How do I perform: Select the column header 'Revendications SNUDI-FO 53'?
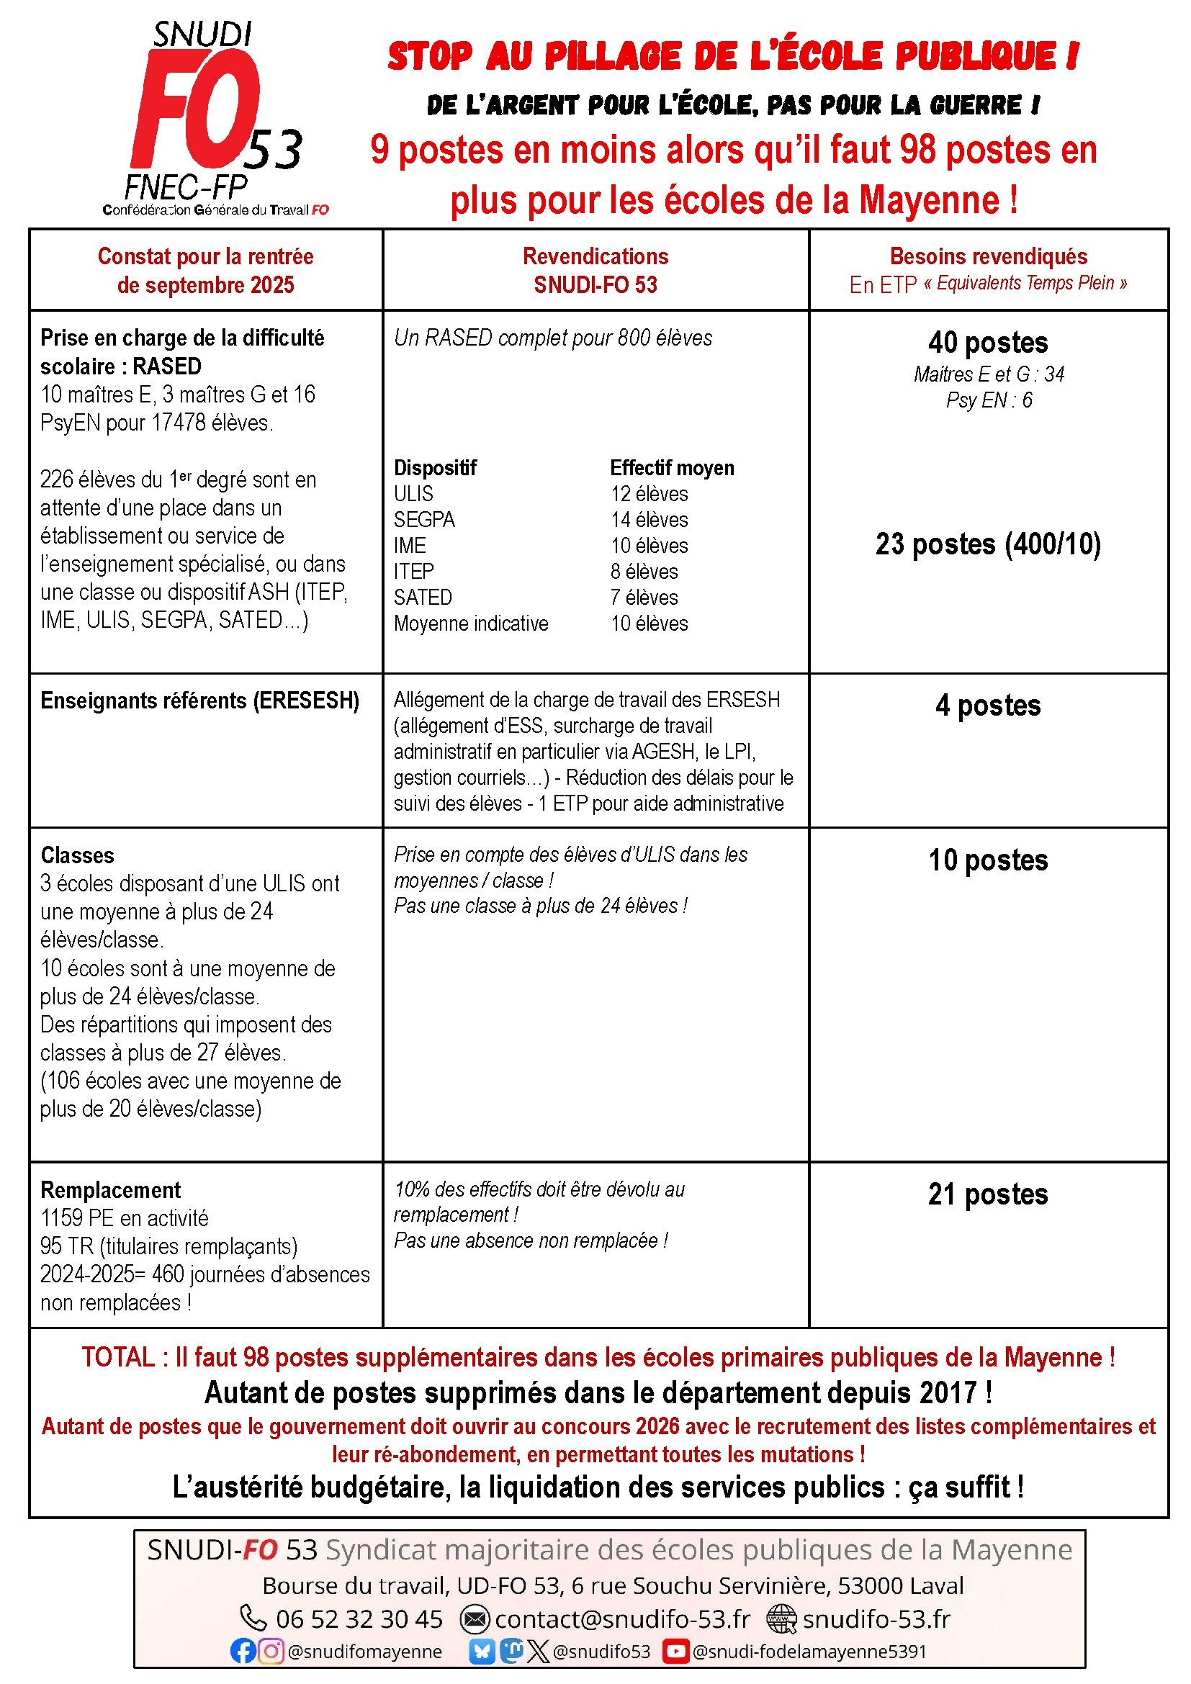pos(595,270)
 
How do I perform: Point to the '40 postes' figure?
pos(987,343)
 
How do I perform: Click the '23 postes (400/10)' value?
pos(987,544)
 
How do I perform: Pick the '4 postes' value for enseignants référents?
pos(987,706)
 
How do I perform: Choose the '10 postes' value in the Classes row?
pos(987,860)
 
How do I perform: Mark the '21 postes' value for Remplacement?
pos(987,1194)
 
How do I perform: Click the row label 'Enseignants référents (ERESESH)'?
pos(199,701)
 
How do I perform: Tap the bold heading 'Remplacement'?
pos(110,1189)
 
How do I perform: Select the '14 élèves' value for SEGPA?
pos(649,519)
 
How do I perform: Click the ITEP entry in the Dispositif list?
pos(413,571)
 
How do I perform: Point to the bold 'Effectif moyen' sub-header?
pos(672,467)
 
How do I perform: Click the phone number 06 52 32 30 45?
pos(359,1618)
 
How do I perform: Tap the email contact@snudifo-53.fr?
pos(622,1618)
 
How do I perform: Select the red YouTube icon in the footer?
pos(675,1651)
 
